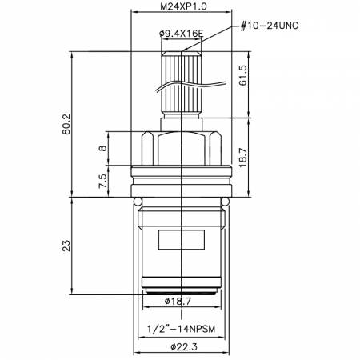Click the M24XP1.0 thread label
pos(183,6)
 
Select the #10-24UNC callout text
pos(269,26)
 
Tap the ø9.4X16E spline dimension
pos(182,34)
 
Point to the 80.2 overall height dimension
pos(66,124)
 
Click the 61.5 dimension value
pos(243,75)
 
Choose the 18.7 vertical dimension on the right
pos(243,157)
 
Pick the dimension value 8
pos(102,148)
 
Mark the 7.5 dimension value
pos(102,181)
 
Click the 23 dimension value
pos(66,246)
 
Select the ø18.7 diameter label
pos(178,302)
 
